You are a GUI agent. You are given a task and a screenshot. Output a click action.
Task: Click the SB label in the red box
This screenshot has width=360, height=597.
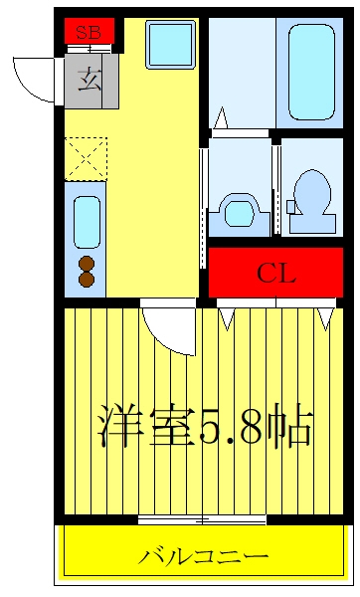tap(89, 33)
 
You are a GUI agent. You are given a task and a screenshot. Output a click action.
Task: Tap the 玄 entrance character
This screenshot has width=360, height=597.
tap(90, 80)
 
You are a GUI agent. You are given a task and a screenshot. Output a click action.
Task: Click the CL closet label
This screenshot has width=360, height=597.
tap(276, 273)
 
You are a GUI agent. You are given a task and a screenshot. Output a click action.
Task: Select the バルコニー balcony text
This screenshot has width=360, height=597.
tap(203, 557)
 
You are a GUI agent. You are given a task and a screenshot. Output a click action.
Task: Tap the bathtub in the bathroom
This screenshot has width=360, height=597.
tap(311, 73)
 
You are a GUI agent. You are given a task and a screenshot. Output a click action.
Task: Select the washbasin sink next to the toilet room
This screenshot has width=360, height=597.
tap(240, 214)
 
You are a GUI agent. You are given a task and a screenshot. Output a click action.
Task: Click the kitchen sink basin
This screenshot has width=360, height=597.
tap(87, 222)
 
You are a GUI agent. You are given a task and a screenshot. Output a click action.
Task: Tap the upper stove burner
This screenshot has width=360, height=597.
tap(87, 263)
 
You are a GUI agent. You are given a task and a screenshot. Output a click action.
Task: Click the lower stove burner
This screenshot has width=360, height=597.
tap(87, 279)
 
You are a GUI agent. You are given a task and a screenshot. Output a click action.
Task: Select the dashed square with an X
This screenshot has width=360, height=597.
tap(86, 159)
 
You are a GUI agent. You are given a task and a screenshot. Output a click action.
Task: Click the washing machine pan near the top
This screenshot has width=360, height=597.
tap(170, 45)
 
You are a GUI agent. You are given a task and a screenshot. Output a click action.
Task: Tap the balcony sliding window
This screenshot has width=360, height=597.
tap(202, 519)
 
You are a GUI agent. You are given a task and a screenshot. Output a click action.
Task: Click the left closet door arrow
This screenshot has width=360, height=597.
tap(227, 318)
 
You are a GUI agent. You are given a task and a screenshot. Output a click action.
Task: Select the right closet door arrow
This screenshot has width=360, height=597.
tap(326, 318)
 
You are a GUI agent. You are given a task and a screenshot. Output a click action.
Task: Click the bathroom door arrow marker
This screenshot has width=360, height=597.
tap(221, 118)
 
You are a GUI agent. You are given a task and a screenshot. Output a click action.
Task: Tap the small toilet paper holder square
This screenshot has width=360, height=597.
tap(290, 207)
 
